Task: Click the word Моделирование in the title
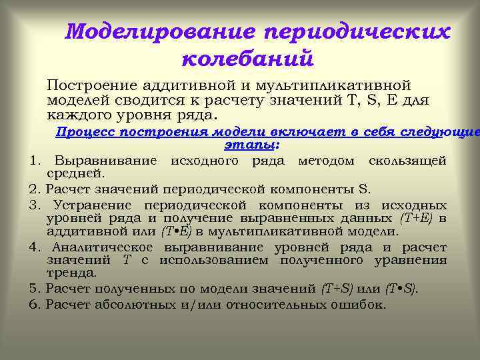tap(160, 31)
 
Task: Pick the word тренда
tap(71, 273)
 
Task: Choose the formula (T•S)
tap(401, 289)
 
